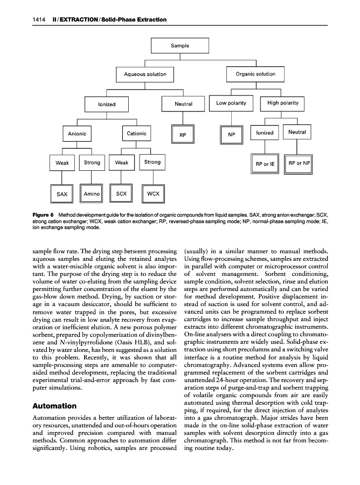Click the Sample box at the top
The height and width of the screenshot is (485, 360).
click(x=179, y=46)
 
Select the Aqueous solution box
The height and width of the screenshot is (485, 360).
click(x=145, y=74)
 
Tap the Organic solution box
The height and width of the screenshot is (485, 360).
click(x=255, y=74)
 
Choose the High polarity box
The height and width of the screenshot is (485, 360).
click(x=282, y=103)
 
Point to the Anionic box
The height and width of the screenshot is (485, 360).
click(x=77, y=133)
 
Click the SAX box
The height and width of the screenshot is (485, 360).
click(x=62, y=193)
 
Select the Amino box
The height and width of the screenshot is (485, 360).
click(x=92, y=192)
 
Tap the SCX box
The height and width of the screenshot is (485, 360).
click(x=121, y=192)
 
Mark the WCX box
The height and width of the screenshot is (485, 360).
click(x=152, y=192)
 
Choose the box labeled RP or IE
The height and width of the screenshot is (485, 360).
click(x=265, y=163)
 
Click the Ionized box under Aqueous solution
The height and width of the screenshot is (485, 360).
click(x=107, y=104)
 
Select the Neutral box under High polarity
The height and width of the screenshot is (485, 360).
click(x=297, y=132)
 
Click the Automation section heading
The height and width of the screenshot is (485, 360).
click(x=54, y=405)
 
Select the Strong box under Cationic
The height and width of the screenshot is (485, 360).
click(x=152, y=162)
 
